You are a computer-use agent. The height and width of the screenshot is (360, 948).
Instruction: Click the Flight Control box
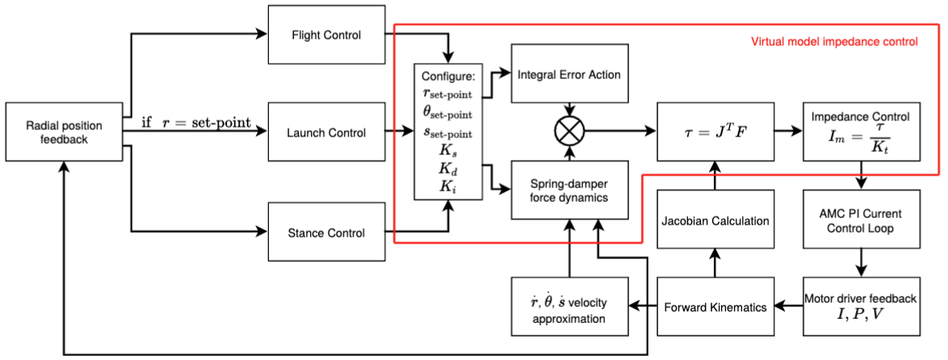tap(325, 36)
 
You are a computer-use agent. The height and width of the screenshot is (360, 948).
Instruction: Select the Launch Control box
tap(325, 132)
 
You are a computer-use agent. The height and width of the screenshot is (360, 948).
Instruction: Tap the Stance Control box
tap(325, 233)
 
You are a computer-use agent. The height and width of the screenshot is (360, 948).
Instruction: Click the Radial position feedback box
tap(64, 132)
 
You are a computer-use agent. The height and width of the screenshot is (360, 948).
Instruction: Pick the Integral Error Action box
tap(569, 74)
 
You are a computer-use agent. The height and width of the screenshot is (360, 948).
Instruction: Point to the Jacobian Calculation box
tap(715, 220)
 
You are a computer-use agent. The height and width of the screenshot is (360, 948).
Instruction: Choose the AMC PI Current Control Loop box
tap(862, 220)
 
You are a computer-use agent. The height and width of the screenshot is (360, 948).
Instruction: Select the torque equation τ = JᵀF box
tap(715, 131)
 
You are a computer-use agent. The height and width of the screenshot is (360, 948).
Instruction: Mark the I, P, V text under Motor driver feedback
tap(862, 313)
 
